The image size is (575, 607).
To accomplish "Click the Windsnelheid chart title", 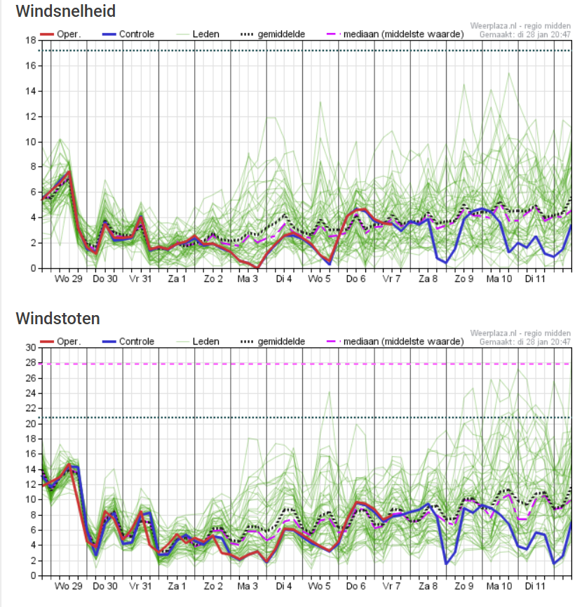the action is [66, 11].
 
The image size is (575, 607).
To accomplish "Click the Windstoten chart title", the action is [58, 319].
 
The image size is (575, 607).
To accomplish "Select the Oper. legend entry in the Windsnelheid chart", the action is [61, 34].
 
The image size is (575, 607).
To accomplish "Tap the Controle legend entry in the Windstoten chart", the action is [128, 342].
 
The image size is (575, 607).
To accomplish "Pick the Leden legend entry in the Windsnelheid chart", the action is [198, 34].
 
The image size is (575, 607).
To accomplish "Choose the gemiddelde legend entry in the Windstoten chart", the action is [273, 342].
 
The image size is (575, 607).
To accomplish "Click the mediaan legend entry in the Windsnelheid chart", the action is [395, 34].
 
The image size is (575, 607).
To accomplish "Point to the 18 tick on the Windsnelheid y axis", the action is [31, 40].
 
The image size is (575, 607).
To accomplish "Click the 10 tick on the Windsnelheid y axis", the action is [31, 142].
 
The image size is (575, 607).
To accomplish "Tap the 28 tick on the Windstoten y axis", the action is [31, 363].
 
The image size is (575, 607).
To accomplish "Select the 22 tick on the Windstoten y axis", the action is [31, 408].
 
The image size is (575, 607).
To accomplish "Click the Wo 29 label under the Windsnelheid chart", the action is [69, 279].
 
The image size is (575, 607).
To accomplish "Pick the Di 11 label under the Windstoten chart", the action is [535, 586].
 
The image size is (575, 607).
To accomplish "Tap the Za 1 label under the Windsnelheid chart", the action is [177, 279].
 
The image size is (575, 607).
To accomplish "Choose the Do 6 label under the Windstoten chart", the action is [356, 586].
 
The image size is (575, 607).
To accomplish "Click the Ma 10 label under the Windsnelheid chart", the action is [499, 279].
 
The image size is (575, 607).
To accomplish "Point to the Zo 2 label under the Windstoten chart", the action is [213, 586].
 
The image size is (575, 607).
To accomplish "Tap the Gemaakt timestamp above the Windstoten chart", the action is [525, 342].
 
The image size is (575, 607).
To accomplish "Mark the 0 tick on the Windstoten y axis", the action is [33, 576].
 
